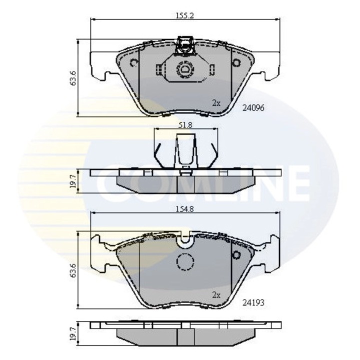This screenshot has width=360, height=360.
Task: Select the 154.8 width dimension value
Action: click(x=184, y=209)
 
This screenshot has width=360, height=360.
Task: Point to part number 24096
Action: click(x=252, y=107)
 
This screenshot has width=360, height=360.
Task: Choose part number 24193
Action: click(x=252, y=302)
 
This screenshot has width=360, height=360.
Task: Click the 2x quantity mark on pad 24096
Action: click(x=215, y=103)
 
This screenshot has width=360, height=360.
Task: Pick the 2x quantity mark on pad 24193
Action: click(x=215, y=295)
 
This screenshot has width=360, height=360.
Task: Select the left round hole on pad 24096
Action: click(x=133, y=63)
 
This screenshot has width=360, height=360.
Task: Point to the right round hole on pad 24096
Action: click(x=236, y=63)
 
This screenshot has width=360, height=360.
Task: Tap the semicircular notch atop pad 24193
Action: click(x=185, y=242)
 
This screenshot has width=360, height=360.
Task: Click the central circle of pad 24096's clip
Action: click(x=184, y=69)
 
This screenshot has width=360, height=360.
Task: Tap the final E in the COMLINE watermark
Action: click(x=296, y=182)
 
